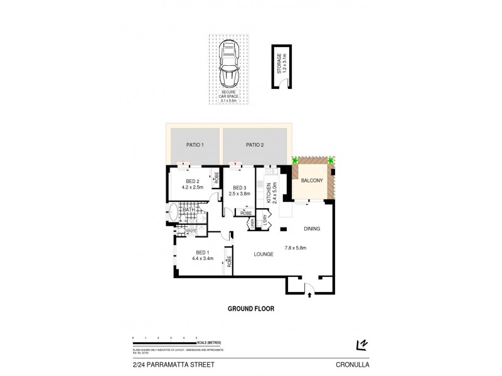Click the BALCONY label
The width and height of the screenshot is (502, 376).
(312, 180)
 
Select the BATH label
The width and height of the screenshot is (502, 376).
(188, 210)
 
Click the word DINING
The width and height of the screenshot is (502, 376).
(312, 229)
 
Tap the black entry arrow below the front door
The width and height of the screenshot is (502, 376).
(307, 295)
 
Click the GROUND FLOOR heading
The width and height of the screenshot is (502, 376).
(250, 308)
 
